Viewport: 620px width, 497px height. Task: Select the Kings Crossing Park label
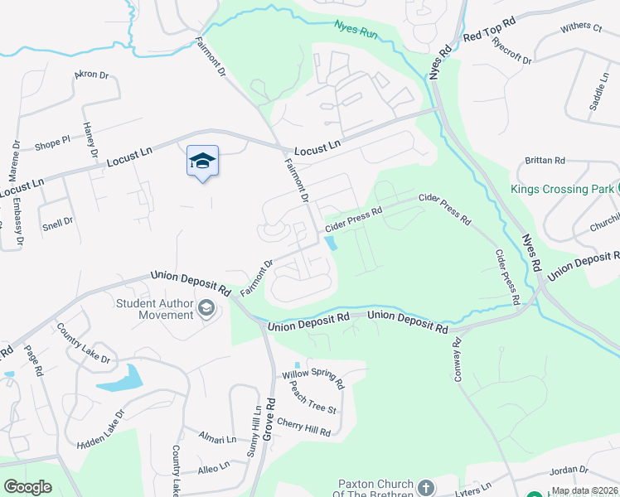560,189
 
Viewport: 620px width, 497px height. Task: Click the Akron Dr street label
91,75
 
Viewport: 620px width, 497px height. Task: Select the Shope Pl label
52,144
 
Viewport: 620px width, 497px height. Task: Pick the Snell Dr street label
57,222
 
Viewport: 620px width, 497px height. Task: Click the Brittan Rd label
545,160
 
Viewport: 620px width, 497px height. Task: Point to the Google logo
27,487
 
